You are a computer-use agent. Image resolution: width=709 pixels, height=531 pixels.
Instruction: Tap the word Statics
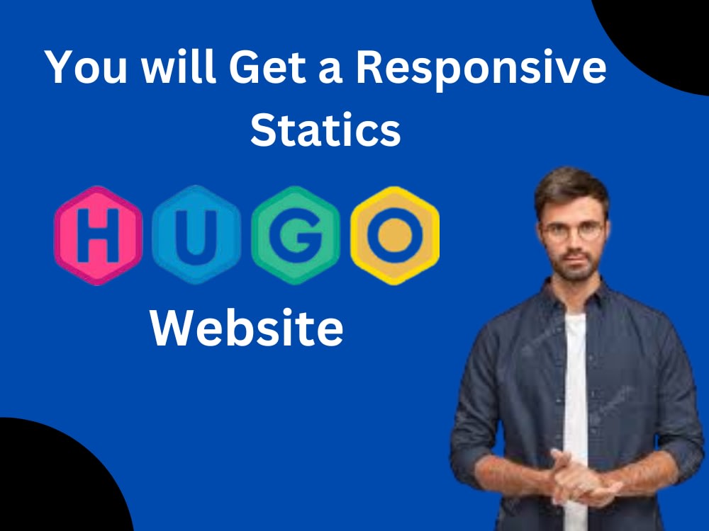pyautogui.click(x=325, y=130)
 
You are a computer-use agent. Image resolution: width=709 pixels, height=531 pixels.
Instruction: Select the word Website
pyautogui.click(x=247, y=329)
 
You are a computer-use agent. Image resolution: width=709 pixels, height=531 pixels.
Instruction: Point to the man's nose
pyautogui.click(x=573, y=241)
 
